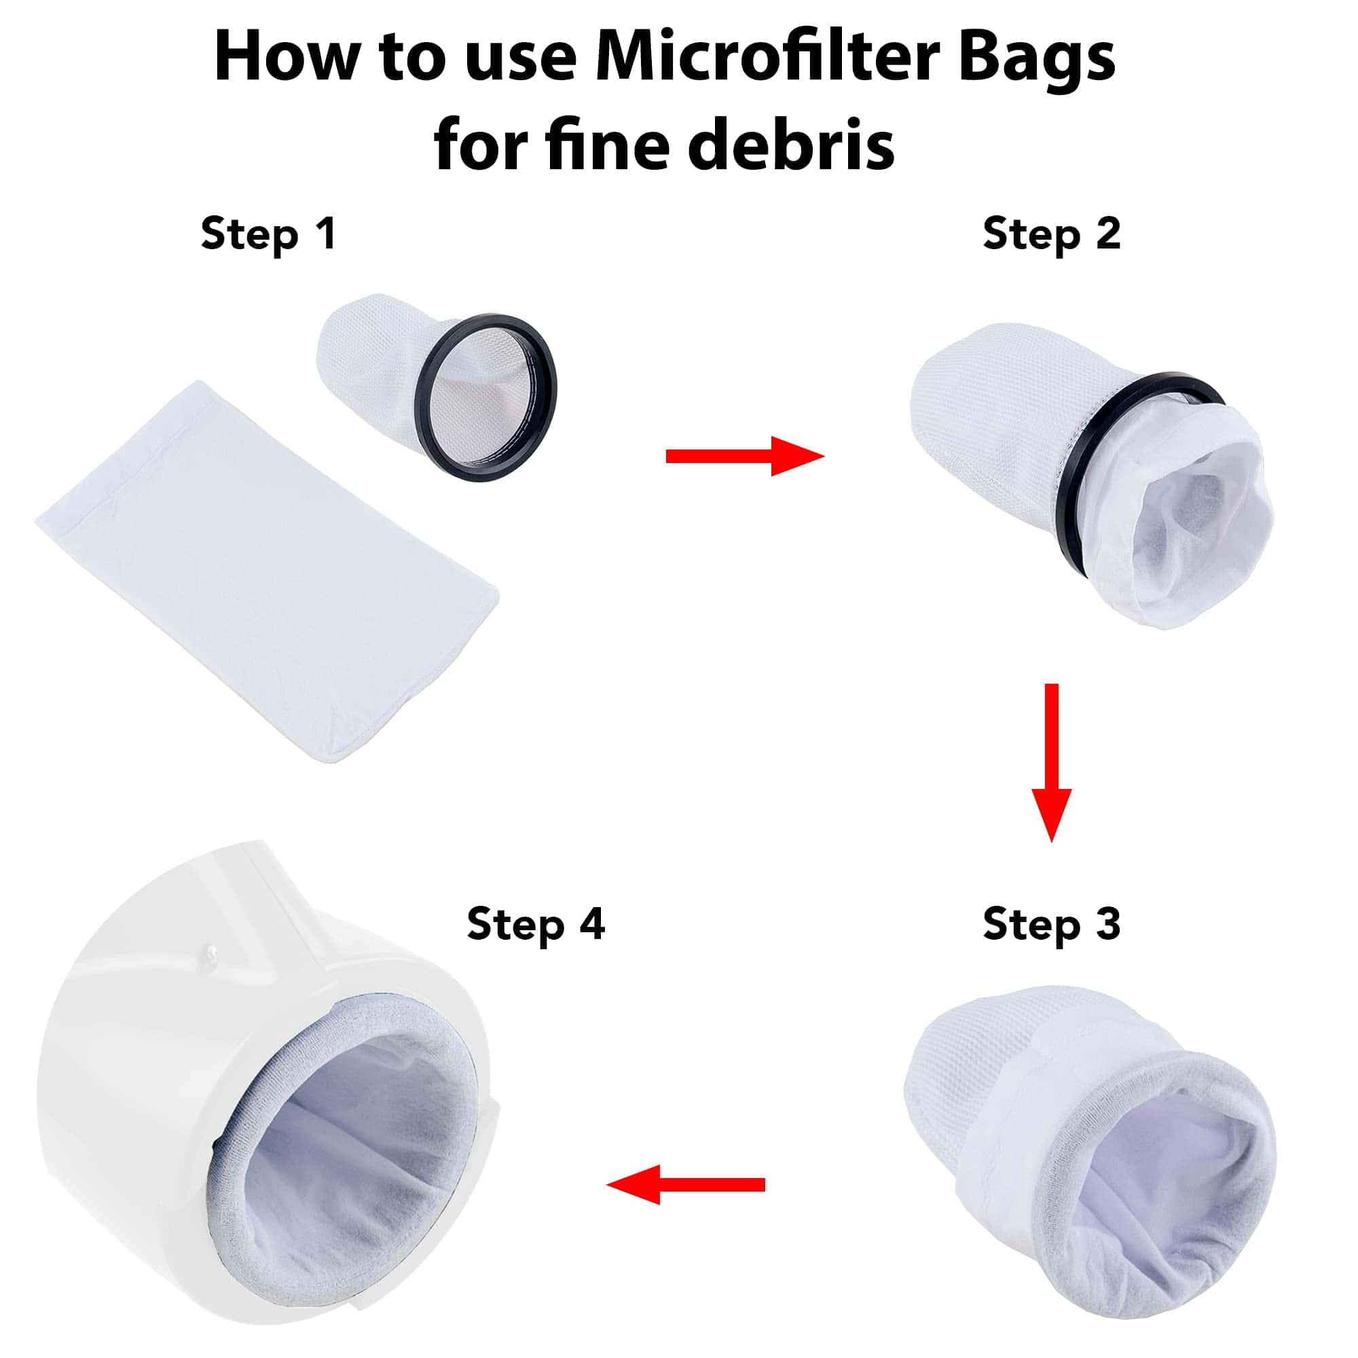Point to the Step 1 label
click(x=268, y=234)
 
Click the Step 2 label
click(x=1052, y=234)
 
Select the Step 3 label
click(x=1052, y=923)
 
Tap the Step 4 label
click(x=536, y=923)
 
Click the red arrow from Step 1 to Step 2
click(x=745, y=456)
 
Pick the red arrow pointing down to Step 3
click(x=1052, y=763)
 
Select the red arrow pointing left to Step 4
click(x=685, y=1184)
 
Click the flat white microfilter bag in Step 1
click(x=267, y=571)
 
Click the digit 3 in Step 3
click(x=1107, y=922)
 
